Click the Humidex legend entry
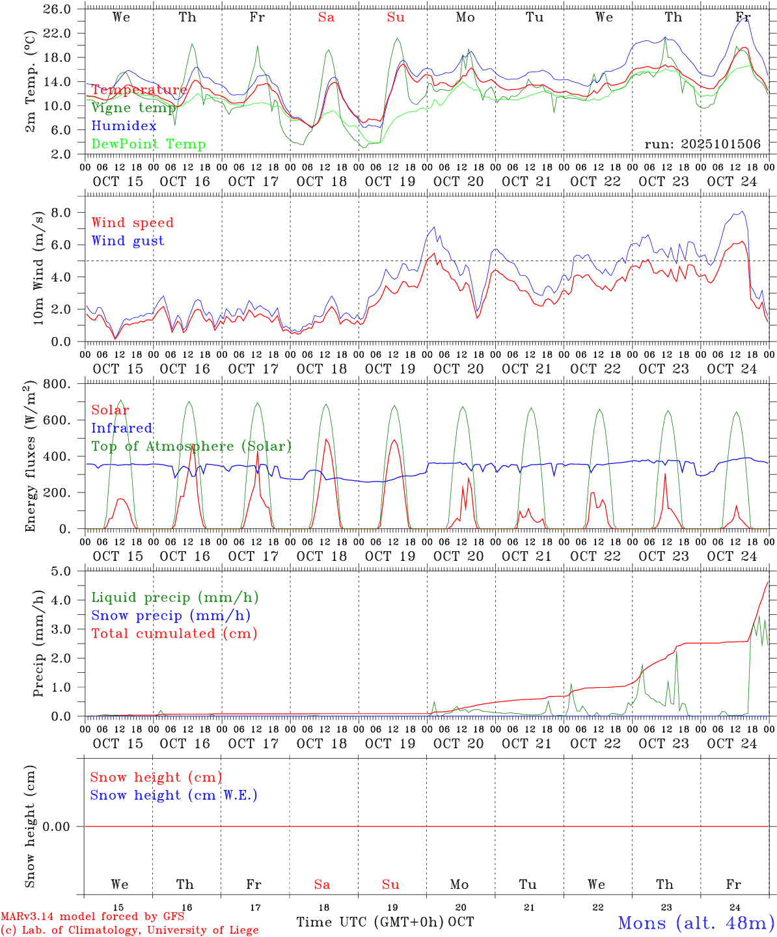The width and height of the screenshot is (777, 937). (x=124, y=126)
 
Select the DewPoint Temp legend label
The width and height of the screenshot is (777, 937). (x=148, y=144)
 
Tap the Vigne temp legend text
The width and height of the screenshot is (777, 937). (x=133, y=108)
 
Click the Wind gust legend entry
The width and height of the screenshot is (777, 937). (x=128, y=241)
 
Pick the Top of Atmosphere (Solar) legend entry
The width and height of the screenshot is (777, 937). (x=191, y=446)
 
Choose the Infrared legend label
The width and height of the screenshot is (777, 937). (x=122, y=428)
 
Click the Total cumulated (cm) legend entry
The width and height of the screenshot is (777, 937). (x=174, y=634)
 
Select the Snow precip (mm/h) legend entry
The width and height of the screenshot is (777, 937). (x=171, y=616)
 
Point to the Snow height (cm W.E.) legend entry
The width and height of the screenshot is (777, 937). (x=174, y=795)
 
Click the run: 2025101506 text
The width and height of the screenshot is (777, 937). (x=702, y=144)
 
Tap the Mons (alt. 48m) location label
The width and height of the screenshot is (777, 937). (x=696, y=923)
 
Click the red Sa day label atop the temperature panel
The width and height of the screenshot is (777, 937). (x=326, y=18)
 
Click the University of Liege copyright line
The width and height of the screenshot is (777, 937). (x=129, y=930)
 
